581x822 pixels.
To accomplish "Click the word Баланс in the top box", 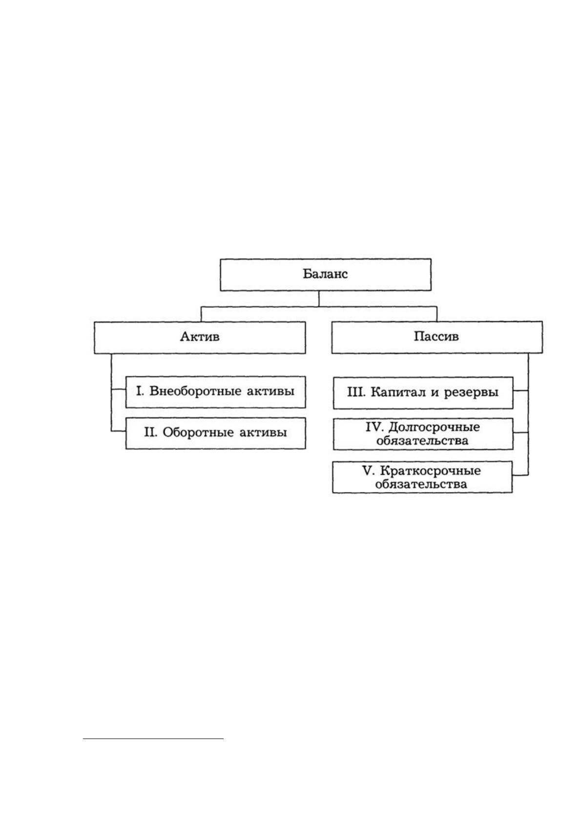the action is pyautogui.click(x=325, y=274).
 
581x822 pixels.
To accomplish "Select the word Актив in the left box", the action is pyautogui.click(x=200, y=336).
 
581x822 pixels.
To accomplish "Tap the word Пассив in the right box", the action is pyautogui.click(x=436, y=336).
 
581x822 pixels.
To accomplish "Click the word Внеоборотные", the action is pyautogui.click(x=195, y=391).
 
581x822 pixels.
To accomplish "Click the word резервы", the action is pyautogui.click(x=472, y=392).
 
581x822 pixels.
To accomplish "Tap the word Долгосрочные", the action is pyautogui.click(x=434, y=427).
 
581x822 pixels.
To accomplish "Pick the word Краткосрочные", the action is pyautogui.click(x=430, y=471).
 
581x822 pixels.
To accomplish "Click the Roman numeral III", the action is pyautogui.click(x=355, y=392).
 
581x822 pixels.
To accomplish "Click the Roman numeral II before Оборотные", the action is pyautogui.click(x=150, y=432).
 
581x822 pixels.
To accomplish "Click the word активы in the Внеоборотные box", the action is pyautogui.click(x=270, y=391).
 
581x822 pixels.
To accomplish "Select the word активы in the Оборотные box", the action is pyautogui.click(x=263, y=432).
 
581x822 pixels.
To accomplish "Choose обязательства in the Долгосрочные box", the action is pyautogui.click(x=422, y=440).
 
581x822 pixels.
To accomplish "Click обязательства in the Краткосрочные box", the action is pyautogui.click(x=421, y=484).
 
